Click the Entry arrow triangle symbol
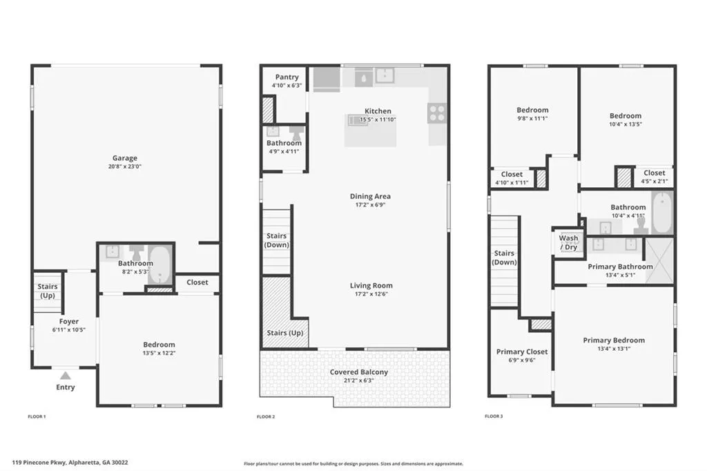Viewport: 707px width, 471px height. point(66,376)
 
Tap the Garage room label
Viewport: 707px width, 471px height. point(125,158)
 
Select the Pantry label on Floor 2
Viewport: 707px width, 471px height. point(287,77)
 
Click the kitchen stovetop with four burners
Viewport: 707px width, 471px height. point(436,113)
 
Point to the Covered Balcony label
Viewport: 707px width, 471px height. point(359,372)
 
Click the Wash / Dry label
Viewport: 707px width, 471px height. point(569,242)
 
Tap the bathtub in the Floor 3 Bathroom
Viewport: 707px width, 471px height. point(662,213)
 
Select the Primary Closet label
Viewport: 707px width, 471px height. point(522,352)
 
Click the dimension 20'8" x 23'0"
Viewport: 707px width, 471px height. point(125,166)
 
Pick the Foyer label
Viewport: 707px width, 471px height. point(69,322)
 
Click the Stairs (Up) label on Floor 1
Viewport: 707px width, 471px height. point(48,291)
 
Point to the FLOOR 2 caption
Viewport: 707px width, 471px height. point(266,416)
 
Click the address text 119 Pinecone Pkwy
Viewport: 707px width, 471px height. point(39,463)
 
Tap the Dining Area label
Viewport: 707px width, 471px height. point(370,196)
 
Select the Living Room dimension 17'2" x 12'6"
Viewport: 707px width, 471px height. point(371,294)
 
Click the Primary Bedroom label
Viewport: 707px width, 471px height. point(614,340)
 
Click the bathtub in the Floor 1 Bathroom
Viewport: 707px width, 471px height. point(159,265)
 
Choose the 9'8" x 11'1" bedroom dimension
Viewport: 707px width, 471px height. point(532,119)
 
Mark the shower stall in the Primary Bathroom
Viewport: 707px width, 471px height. point(659,261)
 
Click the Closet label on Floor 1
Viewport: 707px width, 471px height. point(197,282)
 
